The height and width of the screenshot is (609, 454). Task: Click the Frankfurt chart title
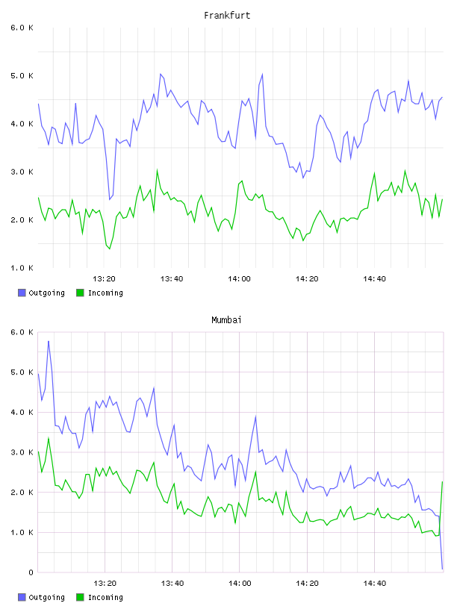pyautogui.click(x=227, y=16)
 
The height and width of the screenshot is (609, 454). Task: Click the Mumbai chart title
pyautogui.click(x=226, y=320)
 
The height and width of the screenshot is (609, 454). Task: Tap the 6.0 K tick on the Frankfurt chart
pyautogui.click(x=22, y=28)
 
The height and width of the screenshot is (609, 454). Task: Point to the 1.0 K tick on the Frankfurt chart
pyautogui.click(x=22, y=268)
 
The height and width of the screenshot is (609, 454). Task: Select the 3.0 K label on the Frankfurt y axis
pyautogui.click(x=22, y=172)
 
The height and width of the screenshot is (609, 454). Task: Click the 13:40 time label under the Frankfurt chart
pyautogui.click(x=172, y=279)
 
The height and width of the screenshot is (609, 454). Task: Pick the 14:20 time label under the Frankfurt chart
pyautogui.click(x=307, y=279)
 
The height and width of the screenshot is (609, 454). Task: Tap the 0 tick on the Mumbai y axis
pyautogui.click(x=31, y=572)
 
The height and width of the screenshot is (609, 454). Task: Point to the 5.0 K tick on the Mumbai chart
pyautogui.click(x=22, y=372)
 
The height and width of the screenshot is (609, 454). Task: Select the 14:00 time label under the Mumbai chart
pyautogui.click(x=240, y=584)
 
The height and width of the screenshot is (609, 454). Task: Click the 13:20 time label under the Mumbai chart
pyautogui.click(x=105, y=584)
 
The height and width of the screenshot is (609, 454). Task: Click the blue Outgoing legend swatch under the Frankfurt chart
pyautogui.click(x=22, y=293)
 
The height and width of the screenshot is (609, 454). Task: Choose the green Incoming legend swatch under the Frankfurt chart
pyautogui.click(x=80, y=293)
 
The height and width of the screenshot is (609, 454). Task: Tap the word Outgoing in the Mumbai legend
pyautogui.click(x=46, y=597)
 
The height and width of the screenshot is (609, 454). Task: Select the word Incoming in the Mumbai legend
pyautogui.click(x=105, y=597)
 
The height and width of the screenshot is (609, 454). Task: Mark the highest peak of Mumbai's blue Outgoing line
pyautogui.click(x=49, y=341)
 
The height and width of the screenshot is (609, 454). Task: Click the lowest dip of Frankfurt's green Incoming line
pyautogui.click(x=110, y=249)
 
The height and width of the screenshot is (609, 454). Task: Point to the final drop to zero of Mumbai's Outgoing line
pyautogui.click(x=442, y=569)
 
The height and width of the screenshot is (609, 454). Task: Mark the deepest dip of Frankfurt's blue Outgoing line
pyautogui.click(x=110, y=199)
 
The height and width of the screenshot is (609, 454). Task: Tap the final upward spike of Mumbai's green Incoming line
pyautogui.click(x=442, y=482)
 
